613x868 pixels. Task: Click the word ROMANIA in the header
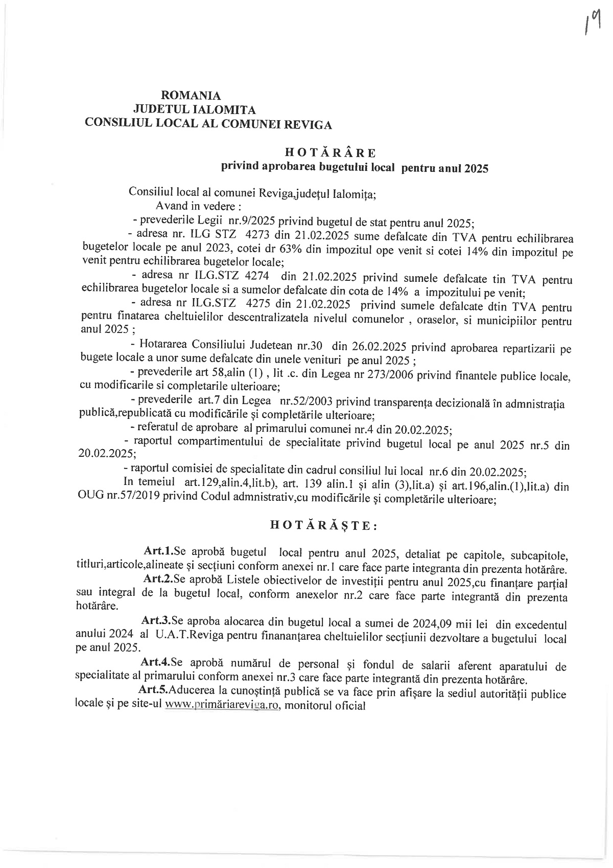pos(191,96)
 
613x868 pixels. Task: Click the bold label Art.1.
pos(159,551)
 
